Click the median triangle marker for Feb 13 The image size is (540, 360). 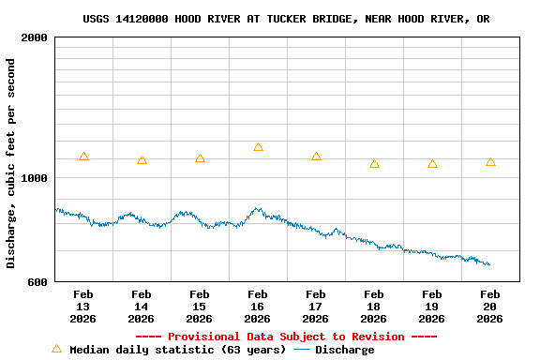click(83, 157)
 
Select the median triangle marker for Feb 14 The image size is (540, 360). click(142, 160)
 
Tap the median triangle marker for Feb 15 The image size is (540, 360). click(200, 158)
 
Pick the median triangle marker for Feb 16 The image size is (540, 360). click(258, 147)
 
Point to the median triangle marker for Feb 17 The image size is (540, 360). click(316, 157)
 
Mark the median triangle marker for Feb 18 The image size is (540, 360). click(374, 163)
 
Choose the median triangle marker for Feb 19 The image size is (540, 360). click(432, 163)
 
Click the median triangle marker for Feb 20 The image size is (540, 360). click(490, 162)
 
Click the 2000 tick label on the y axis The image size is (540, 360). click(35, 38)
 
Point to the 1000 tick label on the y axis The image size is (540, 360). click(35, 178)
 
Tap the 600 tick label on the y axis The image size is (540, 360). click(38, 281)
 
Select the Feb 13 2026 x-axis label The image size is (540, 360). click(83, 307)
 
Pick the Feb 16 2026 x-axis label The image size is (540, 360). click(258, 307)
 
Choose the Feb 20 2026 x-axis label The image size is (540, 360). click(490, 307)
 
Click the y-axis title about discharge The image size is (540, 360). click(11, 163)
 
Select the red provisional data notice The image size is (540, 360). click(286, 337)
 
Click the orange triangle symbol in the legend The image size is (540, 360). click(56, 349)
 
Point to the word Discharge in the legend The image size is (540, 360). click(344, 350)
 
